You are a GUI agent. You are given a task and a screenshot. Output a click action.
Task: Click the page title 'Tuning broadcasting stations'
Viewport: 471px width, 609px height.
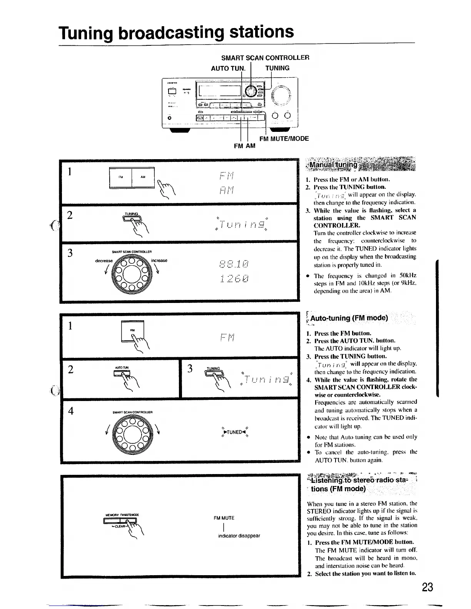[x=176, y=32]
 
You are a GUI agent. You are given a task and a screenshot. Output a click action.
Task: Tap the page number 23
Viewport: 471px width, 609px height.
[x=427, y=587]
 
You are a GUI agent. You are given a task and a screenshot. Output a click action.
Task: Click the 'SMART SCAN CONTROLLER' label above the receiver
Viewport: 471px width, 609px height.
[x=265, y=58]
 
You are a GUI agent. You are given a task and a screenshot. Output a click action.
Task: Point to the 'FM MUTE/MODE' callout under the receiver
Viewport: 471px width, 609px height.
[x=284, y=138]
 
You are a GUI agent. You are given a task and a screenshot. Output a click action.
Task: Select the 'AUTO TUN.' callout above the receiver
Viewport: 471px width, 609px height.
[x=228, y=68]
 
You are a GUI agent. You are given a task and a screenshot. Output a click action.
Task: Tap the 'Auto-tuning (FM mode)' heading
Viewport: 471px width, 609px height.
[x=349, y=318]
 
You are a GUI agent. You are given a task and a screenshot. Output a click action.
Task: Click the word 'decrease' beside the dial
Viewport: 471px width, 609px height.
[x=104, y=260]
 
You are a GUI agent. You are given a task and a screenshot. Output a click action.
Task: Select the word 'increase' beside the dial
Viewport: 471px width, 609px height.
[x=159, y=260]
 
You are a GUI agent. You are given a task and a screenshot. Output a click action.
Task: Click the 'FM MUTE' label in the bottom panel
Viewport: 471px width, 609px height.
[x=224, y=518]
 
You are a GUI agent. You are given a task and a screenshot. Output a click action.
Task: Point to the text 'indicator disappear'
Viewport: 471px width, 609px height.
[x=239, y=536]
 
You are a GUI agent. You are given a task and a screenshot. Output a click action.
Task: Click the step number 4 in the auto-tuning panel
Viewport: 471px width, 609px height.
[x=70, y=411]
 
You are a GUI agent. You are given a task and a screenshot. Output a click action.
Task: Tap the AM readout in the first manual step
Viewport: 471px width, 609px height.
[x=227, y=190]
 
